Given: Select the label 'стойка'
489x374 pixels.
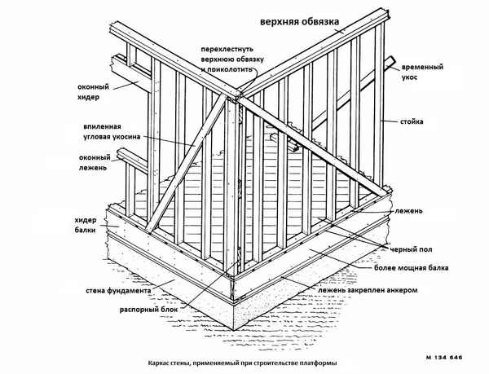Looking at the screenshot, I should pos(412,122).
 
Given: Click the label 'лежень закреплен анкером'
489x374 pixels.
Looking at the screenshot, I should pos(374,290).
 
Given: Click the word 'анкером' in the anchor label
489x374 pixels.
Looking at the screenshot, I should pos(401,290).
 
